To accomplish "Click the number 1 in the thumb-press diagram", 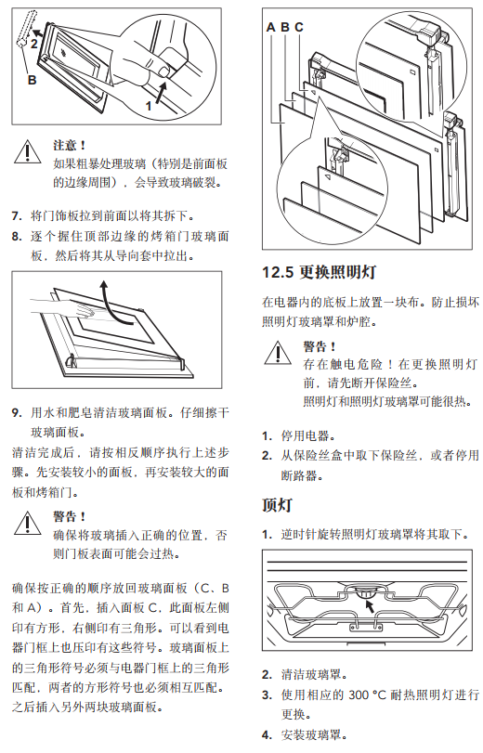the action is tap(149, 106).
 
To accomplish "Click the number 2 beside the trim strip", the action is tap(34, 45).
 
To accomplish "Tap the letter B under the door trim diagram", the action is tap(33, 80).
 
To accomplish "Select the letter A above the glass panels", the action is tap(271, 27).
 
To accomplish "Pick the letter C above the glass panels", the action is tap(299, 27).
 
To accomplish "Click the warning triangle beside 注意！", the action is tap(27, 151).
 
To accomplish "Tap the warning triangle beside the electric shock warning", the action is tap(278, 353).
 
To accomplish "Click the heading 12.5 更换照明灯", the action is tap(319, 272).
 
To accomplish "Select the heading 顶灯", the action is tap(277, 505).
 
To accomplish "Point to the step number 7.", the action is tap(17, 216).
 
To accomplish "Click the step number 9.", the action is tap(17, 413).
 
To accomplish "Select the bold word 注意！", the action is tap(70, 145).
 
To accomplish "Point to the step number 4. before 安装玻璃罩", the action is tap(267, 735).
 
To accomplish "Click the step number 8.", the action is tap(17, 237).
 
